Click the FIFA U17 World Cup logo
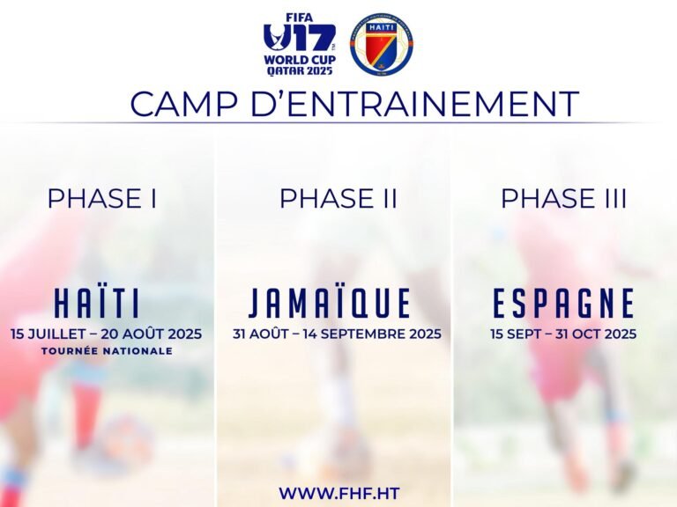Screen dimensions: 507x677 pos(300,44)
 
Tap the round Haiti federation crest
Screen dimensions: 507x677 pos(381,44)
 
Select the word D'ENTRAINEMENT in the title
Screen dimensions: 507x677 pos(405,104)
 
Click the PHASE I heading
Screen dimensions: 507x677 pos(102,199)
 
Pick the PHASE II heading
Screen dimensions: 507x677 pos(338,199)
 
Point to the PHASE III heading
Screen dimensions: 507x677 pos(564,199)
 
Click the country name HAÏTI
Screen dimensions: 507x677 pos(98,304)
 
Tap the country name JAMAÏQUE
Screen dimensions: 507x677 pos(331,304)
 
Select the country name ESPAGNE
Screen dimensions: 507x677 pos(564,304)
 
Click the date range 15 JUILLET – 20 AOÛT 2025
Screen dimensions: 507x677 pos(107,334)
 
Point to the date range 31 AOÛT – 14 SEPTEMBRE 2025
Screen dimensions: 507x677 pos(338,334)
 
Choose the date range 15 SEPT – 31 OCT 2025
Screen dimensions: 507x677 pos(563,334)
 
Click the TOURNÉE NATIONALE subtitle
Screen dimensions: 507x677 pos(107,351)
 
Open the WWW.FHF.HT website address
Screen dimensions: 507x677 pos(338,492)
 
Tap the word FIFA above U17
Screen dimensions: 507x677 pos(299,17)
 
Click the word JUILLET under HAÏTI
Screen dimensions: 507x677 pos(58,334)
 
